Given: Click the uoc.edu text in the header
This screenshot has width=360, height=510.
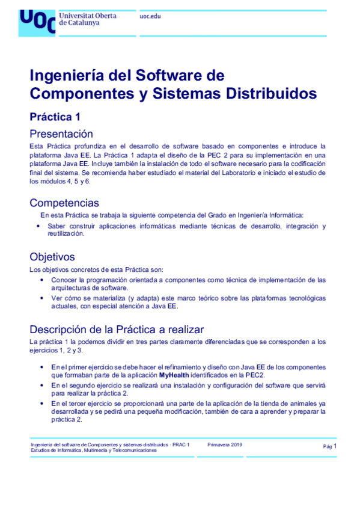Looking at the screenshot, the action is click(x=150, y=16).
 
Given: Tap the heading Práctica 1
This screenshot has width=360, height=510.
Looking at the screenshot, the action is click(x=55, y=117).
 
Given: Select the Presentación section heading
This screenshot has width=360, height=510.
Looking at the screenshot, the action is click(x=61, y=134).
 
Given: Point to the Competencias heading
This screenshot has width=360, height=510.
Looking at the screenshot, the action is click(x=64, y=203).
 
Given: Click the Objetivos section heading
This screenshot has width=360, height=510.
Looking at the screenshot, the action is click(x=52, y=257).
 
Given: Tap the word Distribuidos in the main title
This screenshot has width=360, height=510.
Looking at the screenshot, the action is click(x=270, y=94).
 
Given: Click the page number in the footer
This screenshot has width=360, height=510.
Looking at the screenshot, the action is click(x=334, y=446).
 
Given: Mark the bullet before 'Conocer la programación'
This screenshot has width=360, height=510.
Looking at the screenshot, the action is click(x=41, y=280).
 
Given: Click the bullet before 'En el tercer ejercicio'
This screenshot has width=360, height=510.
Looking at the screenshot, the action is click(x=41, y=403).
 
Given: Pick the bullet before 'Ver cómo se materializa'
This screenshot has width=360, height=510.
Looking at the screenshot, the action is click(x=41, y=298).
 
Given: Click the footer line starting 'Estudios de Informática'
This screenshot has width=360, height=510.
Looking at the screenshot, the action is click(x=93, y=450).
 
